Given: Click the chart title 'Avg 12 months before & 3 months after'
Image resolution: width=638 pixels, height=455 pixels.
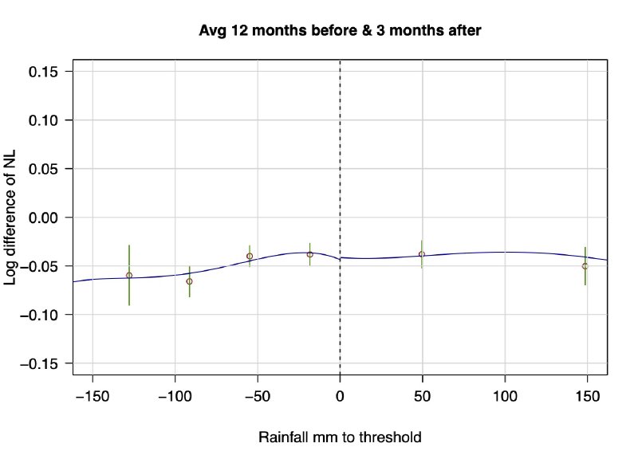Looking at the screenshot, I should (x=341, y=31).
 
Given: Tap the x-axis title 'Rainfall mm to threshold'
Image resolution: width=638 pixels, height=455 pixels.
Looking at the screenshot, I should (x=340, y=437).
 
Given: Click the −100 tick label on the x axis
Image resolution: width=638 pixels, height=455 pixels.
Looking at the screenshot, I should (x=175, y=394).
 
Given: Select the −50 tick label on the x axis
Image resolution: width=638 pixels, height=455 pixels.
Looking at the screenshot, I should (x=258, y=394).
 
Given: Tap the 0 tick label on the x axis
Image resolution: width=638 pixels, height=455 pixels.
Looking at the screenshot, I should (x=341, y=394).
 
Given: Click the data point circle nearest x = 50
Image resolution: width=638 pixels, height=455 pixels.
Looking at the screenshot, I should (x=422, y=254).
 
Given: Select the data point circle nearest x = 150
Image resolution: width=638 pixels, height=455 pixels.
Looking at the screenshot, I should (x=585, y=266).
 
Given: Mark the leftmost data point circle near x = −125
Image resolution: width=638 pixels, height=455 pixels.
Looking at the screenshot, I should (x=129, y=276).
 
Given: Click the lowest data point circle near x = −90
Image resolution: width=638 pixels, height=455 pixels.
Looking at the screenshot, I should (x=189, y=281).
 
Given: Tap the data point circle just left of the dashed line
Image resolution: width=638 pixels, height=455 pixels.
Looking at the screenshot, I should (x=310, y=254).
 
